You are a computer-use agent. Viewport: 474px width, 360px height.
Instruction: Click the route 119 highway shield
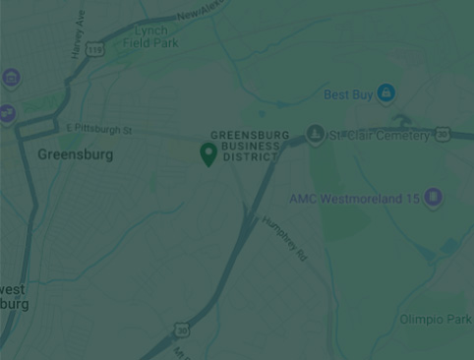(94, 48)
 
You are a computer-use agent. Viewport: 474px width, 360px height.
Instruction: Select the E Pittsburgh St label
(98, 129)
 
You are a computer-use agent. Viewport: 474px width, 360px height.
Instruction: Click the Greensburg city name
(75, 154)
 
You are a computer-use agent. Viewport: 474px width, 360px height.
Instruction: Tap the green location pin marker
(208, 153)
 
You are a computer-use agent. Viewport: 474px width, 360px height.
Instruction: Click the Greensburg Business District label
(250, 146)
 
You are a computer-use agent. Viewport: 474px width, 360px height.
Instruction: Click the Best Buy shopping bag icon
(385, 92)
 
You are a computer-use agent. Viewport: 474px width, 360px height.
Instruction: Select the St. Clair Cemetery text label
(380, 136)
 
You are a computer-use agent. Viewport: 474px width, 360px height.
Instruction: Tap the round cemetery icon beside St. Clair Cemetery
(315, 135)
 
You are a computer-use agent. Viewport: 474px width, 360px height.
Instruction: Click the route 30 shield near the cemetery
(443, 134)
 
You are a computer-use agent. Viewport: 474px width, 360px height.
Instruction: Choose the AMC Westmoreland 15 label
(354, 199)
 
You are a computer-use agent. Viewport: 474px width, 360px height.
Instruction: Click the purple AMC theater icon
(433, 199)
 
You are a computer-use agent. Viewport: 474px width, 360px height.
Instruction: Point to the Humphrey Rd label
(285, 238)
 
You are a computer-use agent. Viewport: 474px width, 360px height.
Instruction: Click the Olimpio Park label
(435, 320)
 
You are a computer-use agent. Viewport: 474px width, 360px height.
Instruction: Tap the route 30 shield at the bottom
(182, 330)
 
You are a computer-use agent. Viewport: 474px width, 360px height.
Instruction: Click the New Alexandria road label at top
(202, 11)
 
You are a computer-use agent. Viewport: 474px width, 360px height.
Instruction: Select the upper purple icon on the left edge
(10, 77)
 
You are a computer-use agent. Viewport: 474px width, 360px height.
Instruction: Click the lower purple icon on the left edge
(5, 113)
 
